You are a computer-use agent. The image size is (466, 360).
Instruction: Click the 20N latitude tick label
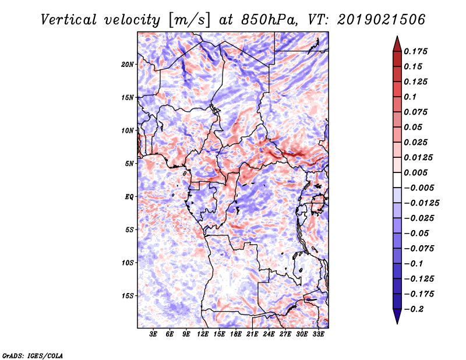click(128, 65)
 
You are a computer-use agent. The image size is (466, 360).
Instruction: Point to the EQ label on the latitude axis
click(129, 197)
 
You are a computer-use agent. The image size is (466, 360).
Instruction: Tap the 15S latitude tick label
click(128, 296)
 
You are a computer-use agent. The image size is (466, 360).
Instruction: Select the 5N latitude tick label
click(129, 164)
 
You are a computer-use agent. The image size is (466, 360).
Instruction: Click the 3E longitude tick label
click(153, 334)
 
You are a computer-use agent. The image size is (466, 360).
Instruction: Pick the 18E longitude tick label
click(235, 334)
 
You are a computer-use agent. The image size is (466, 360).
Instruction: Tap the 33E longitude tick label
click(318, 334)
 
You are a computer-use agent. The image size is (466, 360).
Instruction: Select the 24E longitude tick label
click(269, 334)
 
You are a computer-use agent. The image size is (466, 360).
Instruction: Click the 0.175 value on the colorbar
click(415, 51)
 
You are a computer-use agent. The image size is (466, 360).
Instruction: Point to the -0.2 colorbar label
click(414, 309)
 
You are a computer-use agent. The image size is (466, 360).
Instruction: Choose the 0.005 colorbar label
click(415, 172)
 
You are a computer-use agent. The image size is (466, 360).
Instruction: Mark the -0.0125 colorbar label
click(421, 203)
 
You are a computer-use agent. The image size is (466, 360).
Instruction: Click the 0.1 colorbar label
click(410, 97)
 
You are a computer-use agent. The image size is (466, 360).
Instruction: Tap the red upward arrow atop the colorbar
click(397, 44)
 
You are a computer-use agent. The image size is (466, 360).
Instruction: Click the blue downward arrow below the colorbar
click(397, 316)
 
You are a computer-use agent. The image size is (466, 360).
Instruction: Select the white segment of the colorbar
click(397, 180)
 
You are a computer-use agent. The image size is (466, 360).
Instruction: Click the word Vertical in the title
click(69, 20)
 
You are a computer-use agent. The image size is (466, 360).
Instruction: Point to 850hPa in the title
click(269, 20)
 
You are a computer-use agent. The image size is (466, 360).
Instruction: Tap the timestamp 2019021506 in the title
click(382, 20)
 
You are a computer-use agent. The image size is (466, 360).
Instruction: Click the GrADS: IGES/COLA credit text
click(33, 355)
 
